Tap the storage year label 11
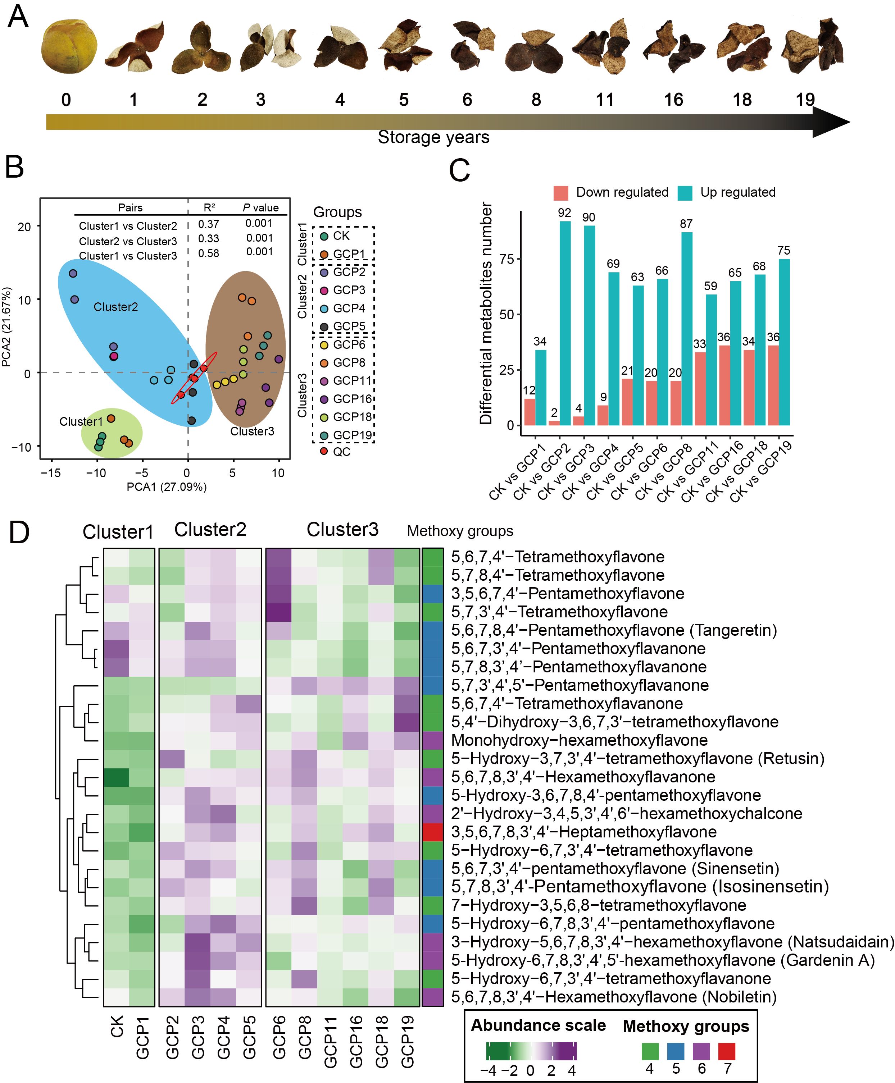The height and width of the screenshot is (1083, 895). [605, 100]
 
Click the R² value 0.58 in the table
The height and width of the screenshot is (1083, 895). [209, 253]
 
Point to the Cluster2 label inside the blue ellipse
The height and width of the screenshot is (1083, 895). [115, 307]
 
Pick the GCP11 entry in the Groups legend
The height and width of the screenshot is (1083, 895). [352, 381]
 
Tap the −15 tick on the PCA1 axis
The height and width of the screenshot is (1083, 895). [50, 473]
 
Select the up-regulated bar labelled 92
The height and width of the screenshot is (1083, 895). [565, 323]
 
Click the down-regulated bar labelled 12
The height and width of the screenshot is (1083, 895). [530, 412]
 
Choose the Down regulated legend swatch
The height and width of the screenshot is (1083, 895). [560, 193]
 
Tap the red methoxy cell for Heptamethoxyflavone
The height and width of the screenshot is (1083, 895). [432, 832]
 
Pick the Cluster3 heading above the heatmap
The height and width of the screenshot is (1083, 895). [342, 530]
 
